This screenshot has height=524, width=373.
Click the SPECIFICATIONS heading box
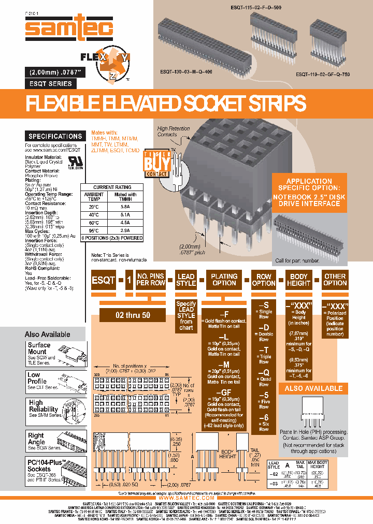[55, 136]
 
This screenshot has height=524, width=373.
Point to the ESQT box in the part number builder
[104, 280]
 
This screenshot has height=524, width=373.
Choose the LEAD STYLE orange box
[186, 280]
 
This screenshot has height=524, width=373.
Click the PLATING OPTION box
[224, 280]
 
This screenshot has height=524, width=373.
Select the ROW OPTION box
[264, 280]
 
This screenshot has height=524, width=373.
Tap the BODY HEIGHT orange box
[299, 280]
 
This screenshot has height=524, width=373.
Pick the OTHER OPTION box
[335, 280]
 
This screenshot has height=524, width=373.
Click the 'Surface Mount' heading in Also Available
[39, 348]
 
